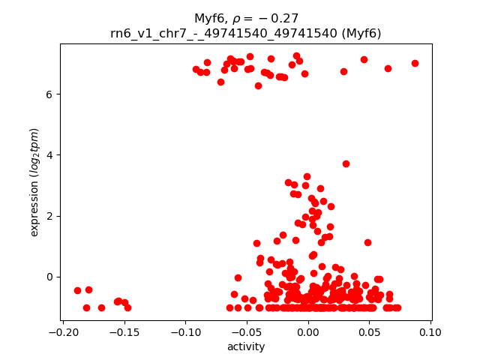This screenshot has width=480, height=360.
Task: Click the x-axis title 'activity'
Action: tap(246, 346)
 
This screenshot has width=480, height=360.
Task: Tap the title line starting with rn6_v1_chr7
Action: tap(246, 33)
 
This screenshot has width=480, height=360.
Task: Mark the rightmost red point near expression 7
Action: tap(415, 63)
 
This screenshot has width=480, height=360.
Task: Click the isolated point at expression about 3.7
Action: tap(346, 163)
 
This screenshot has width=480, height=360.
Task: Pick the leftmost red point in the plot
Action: tap(77, 290)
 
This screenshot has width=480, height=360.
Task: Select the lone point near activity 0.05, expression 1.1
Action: tap(367, 242)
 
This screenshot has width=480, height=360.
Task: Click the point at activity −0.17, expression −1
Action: tap(101, 307)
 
